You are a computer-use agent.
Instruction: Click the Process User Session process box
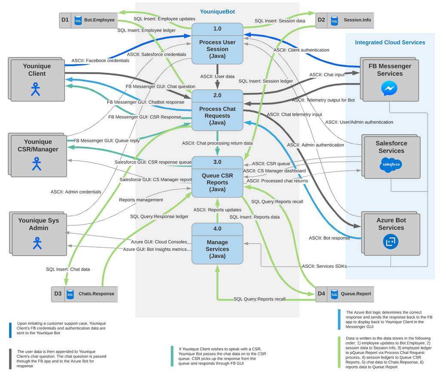click(217, 43)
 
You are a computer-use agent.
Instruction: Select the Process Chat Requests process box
click(217, 110)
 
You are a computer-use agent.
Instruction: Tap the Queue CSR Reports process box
click(217, 177)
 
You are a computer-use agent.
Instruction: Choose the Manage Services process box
click(217, 243)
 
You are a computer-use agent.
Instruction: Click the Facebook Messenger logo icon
click(389, 89)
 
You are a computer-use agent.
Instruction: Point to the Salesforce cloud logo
click(391, 165)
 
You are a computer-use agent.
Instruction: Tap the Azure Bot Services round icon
click(391, 241)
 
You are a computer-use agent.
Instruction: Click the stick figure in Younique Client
click(35, 89)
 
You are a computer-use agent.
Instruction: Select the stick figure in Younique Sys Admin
click(37, 243)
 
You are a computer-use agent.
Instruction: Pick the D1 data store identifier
click(65, 20)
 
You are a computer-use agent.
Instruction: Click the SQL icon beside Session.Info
click(334, 21)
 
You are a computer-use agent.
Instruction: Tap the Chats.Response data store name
click(96, 294)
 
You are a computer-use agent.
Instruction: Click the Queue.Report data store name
click(356, 294)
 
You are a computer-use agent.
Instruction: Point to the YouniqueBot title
click(217, 12)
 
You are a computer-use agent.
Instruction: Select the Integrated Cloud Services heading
click(390, 43)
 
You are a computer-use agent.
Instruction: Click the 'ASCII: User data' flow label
click(217, 77)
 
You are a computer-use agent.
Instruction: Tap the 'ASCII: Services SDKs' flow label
click(324, 266)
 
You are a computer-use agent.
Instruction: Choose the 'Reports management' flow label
click(141, 200)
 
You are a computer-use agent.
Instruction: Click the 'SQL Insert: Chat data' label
click(68, 269)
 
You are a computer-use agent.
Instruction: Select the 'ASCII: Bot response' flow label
click(330, 238)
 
